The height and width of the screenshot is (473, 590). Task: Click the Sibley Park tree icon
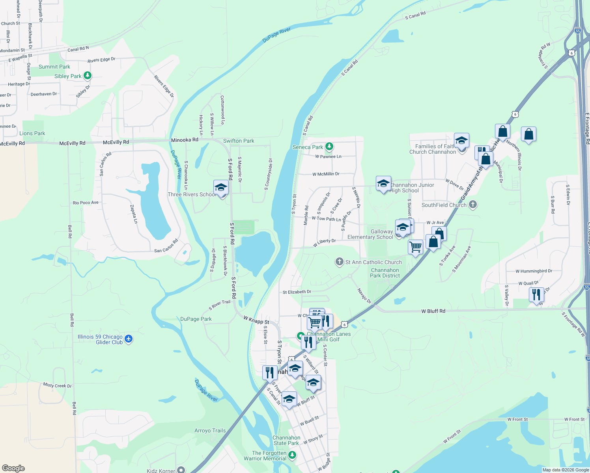(88, 75)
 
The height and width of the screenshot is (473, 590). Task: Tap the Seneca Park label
(308, 147)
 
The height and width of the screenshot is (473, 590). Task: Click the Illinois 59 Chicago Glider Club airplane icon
(128, 339)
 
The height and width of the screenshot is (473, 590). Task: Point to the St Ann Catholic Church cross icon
(339, 262)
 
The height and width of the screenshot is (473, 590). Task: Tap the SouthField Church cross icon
(473, 205)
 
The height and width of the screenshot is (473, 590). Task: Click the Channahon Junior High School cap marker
(383, 184)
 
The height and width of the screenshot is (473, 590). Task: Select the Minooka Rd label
(185, 140)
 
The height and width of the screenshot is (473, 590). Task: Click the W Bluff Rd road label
(433, 311)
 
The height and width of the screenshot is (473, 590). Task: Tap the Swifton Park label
(239, 141)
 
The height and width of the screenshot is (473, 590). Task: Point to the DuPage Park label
(196, 319)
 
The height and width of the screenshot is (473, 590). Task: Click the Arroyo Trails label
(210, 430)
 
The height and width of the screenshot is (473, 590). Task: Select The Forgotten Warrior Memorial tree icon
(292, 455)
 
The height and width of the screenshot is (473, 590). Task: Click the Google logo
(13, 468)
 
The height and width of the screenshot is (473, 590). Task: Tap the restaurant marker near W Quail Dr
(536, 294)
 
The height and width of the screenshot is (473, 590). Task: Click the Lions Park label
(32, 133)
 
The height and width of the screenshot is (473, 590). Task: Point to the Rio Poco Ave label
(86, 203)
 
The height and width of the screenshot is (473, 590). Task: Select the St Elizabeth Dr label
(297, 292)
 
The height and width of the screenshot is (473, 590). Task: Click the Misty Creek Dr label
(58, 385)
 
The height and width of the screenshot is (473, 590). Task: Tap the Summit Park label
(54, 67)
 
